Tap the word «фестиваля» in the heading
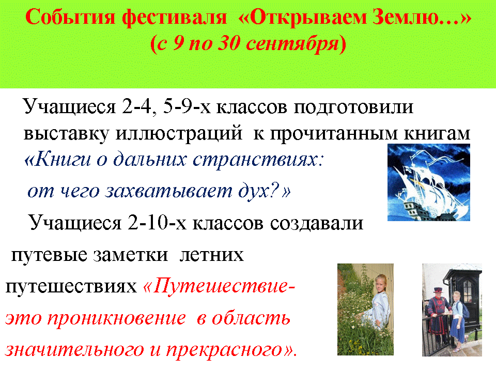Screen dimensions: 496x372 point(175,18)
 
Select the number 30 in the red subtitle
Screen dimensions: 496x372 point(229,43)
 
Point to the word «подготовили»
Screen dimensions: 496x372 point(353,107)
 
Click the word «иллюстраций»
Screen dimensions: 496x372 point(179,134)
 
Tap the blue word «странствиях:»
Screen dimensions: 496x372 point(258,159)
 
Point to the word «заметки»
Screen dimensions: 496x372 point(130,255)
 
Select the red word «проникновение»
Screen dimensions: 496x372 point(116,319)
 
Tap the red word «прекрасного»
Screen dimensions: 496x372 point(224,350)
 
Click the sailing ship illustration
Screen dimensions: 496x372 point(429,182)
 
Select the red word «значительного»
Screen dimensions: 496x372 point(74,350)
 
